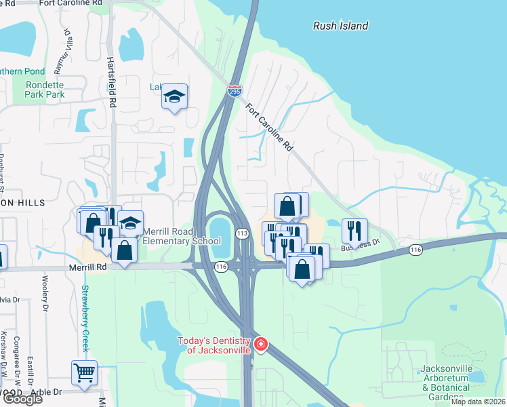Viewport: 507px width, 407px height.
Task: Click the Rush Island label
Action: (340, 26)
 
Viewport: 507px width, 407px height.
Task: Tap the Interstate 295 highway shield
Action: (235, 90)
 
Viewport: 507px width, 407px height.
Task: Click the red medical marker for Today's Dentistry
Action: (260, 345)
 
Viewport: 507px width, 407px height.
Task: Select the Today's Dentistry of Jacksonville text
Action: (214, 345)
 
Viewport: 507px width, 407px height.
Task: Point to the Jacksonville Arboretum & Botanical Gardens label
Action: (445, 383)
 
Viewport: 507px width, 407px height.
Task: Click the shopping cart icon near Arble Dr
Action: (84, 372)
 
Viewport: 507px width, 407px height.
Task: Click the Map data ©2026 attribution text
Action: (478, 402)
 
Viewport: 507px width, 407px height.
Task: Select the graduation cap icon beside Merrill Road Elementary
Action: (130, 223)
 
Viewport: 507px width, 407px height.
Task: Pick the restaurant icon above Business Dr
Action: (354, 230)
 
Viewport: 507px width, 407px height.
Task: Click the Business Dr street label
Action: (360, 246)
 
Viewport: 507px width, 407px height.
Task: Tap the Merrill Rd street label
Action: (87, 268)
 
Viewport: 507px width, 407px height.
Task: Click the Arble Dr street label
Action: (47, 392)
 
